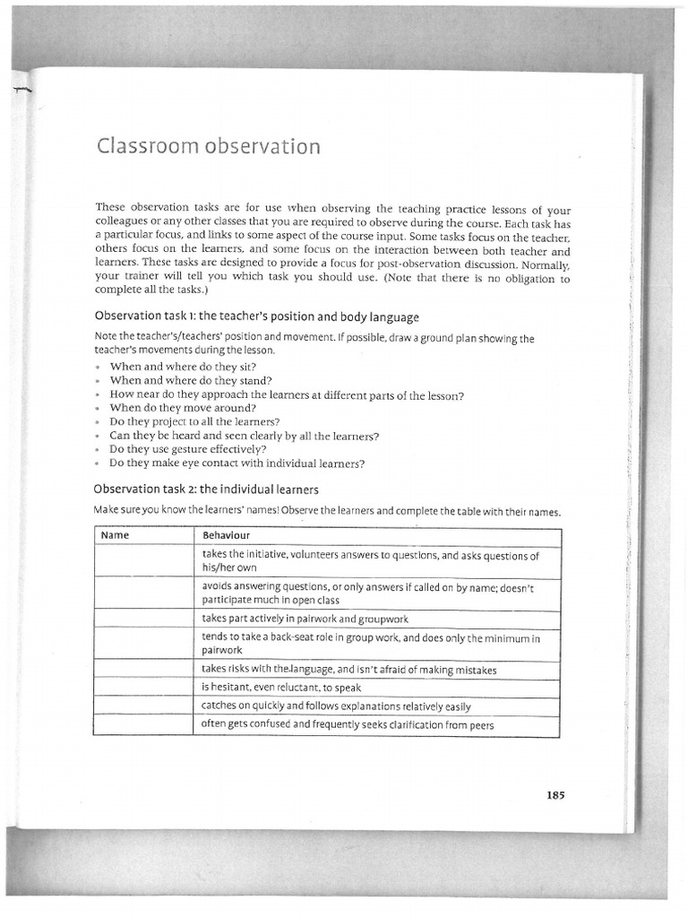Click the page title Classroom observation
pos(208,146)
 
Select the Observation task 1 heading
pos(256,316)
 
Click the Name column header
pos(116,535)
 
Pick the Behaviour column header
pos(225,535)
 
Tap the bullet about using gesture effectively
pos(188,449)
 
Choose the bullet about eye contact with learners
pos(236,463)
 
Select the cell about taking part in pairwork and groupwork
pos(305,619)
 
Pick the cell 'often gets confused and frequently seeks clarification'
pos(348,724)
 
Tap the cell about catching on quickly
pos(336,706)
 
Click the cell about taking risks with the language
pos(349,670)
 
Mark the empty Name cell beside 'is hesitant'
pos(142,688)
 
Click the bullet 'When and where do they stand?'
pos(193,380)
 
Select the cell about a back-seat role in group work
pos(371,644)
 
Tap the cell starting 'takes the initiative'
pos(371,561)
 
